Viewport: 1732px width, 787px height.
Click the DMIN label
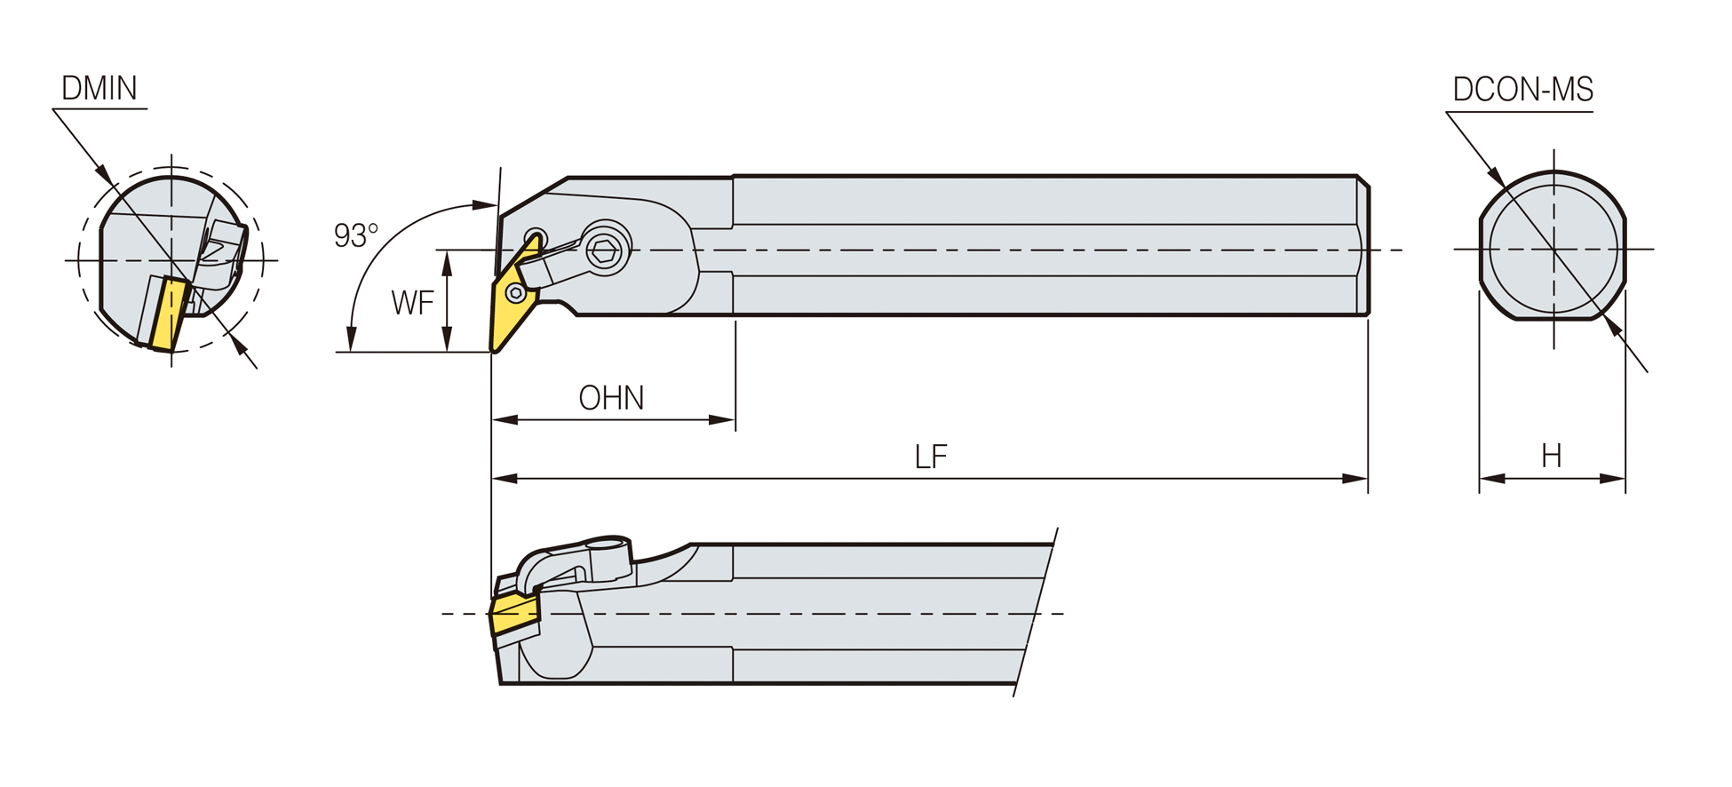[x=99, y=89]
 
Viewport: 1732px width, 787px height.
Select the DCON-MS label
[x=1522, y=90]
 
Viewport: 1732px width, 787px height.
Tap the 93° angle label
[x=355, y=235]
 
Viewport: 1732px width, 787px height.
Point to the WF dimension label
[x=412, y=303]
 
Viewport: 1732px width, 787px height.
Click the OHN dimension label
[x=611, y=398]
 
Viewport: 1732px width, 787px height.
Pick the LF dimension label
[x=931, y=457]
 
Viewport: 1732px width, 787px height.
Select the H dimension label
[x=1552, y=456]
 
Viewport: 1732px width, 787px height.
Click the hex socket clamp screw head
[x=606, y=249]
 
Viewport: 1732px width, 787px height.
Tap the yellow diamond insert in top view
[x=513, y=294]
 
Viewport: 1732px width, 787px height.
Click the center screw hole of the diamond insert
[x=515, y=292]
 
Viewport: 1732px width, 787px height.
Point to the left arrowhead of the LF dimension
[x=505, y=479]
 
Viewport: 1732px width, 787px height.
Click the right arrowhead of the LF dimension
[x=1355, y=479]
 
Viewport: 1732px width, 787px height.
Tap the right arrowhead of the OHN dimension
[x=722, y=419]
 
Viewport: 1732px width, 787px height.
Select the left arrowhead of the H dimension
[x=1492, y=479]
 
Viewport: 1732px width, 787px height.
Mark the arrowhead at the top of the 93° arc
[x=484, y=205]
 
